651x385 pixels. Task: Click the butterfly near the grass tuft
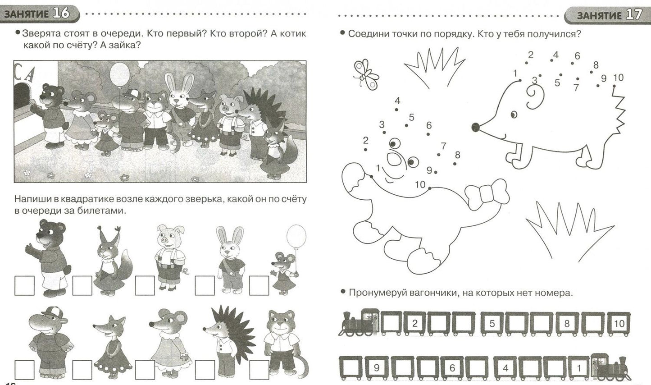tap(366, 74)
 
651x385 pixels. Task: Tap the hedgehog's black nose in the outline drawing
tap(475, 127)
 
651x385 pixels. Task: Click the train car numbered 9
tap(376, 368)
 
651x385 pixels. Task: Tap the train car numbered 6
tap(452, 368)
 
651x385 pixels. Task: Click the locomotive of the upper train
tap(359, 323)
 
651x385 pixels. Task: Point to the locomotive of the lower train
tap(611, 367)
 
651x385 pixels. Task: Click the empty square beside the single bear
tap(24, 285)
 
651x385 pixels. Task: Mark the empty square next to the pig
tap(145, 285)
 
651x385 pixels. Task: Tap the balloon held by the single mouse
tap(296, 236)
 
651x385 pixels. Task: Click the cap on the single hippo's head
tap(54, 312)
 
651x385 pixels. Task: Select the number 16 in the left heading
tap(61, 14)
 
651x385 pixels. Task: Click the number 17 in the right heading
tap(634, 14)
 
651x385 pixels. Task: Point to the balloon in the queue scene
tap(120, 74)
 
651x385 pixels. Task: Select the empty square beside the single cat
tap(259, 370)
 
